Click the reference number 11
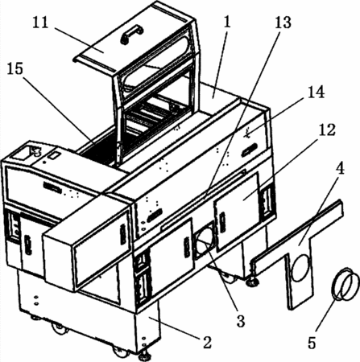tap(41, 23)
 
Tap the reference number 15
tap(15, 69)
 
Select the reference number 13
tap(283, 23)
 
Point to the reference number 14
tap(317, 92)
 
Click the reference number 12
tap(327, 130)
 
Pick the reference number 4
tap(341, 168)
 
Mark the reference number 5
tap(312, 343)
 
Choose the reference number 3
tap(241, 320)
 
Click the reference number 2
tap(207, 342)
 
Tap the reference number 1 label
tap(227, 23)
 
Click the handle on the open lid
tap(131, 34)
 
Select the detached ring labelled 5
tap(346, 284)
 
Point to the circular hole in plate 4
tap(303, 268)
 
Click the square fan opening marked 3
tap(205, 241)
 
